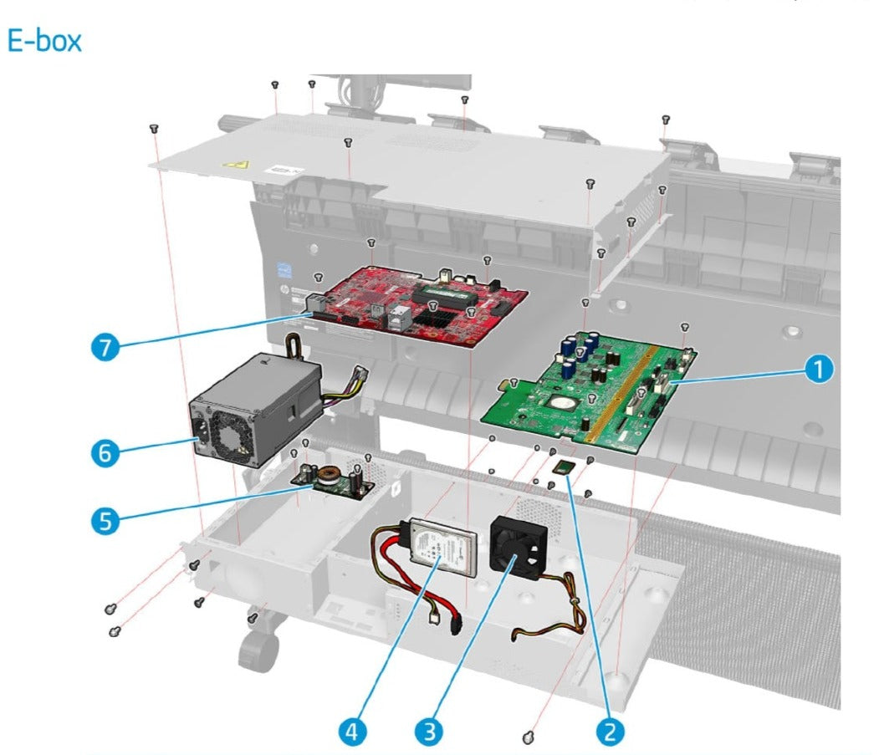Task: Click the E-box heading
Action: (x=45, y=41)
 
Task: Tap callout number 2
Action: (x=609, y=731)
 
